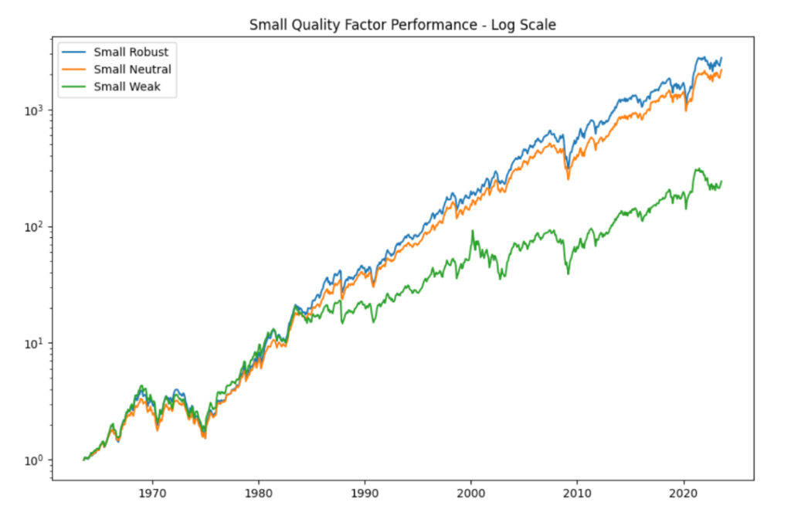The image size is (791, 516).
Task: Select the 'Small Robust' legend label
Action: click(x=131, y=53)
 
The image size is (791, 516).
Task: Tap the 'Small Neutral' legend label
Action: click(x=132, y=70)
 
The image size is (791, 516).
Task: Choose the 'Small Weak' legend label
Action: click(x=127, y=87)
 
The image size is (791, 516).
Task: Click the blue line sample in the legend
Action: click(x=75, y=53)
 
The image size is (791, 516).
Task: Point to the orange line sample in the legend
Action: click(x=75, y=70)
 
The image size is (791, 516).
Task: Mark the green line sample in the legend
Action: click(x=75, y=87)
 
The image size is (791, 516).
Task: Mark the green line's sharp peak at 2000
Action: click(x=472, y=231)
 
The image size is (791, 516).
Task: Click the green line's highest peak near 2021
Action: click(x=698, y=168)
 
